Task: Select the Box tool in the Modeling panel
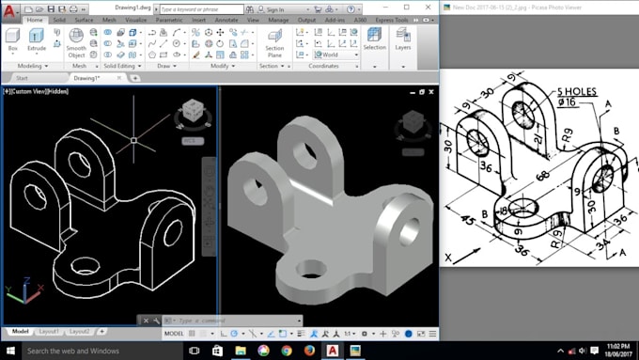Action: tap(12, 40)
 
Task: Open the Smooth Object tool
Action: tap(76, 42)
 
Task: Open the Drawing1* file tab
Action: tap(87, 78)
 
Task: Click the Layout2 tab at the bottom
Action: tap(80, 331)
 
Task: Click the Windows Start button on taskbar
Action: tap(10, 351)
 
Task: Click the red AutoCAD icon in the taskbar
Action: tap(333, 351)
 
